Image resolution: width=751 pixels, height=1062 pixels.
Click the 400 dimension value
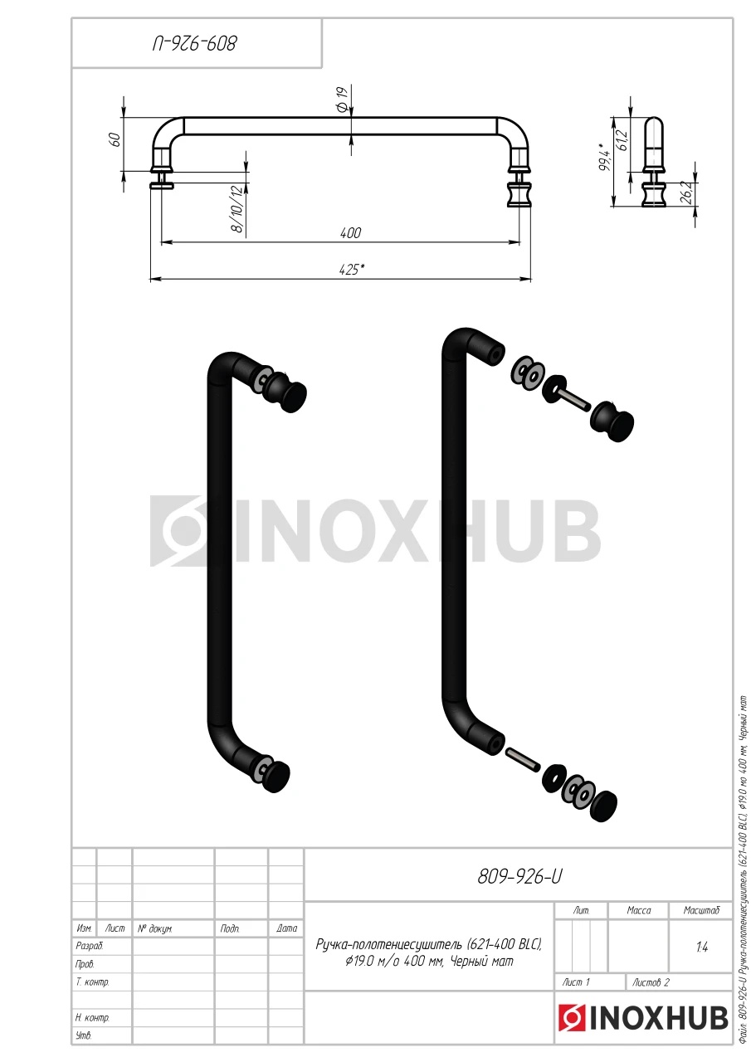(350, 233)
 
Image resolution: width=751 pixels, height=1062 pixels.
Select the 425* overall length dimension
(352, 270)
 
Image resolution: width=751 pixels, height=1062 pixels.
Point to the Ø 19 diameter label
(343, 99)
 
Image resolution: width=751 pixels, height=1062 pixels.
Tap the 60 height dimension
(115, 139)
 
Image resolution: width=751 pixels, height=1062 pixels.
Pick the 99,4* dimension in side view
(604, 157)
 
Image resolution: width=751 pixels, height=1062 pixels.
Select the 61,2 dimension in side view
(622, 140)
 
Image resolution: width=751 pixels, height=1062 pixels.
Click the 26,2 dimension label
(685, 192)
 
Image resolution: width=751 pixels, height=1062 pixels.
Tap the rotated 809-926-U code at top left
(194, 44)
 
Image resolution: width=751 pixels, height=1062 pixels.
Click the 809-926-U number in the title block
(519, 877)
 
